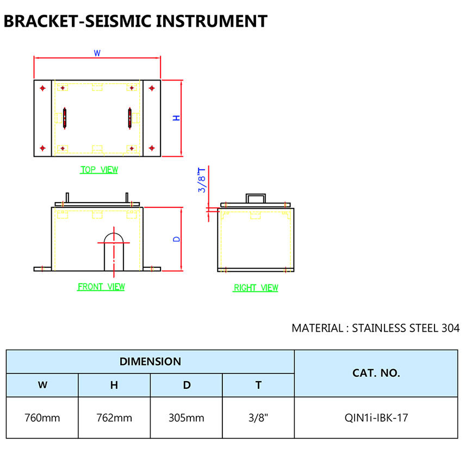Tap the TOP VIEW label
pos(99,170)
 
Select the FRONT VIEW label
pos(101,286)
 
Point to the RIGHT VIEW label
pos(256,287)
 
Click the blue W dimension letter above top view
pos(97,53)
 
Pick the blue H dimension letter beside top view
pos(176,118)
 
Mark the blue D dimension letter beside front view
pos(176,239)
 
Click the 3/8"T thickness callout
pos(202,180)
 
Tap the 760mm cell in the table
pos(42,418)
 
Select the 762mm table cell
pos(114,418)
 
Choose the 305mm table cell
pos(187,418)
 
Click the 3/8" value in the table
pos(258,418)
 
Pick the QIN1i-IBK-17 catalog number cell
pos(376,418)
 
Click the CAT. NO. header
pos(376,373)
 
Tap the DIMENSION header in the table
pos(150,361)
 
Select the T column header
pos(258,385)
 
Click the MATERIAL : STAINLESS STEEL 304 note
pos(375,328)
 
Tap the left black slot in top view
pos(65,118)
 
